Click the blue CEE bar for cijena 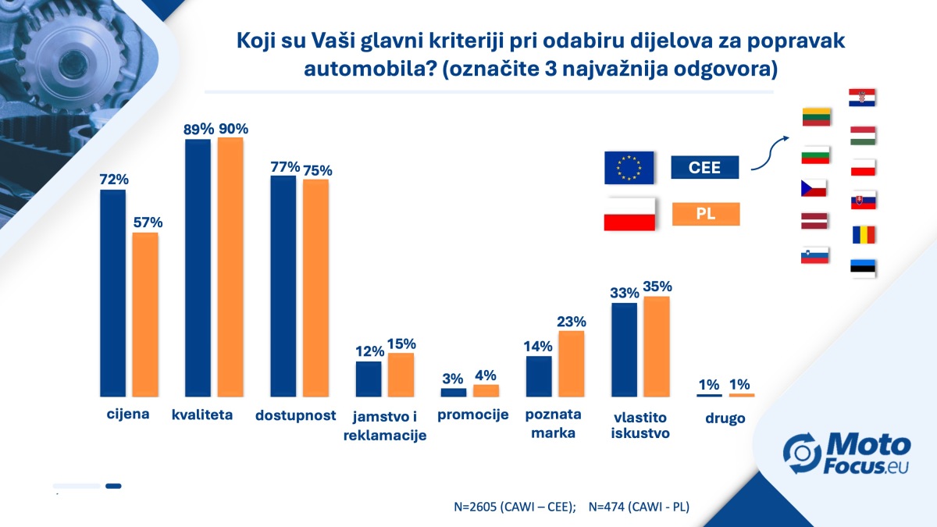click(x=113, y=293)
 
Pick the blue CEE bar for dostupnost click(x=283, y=286)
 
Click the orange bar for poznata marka click(x=572, y=364)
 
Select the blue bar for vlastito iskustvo click(x=625, y=350)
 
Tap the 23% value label click(x=572, y=321)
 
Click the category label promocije click(x=473, y=415)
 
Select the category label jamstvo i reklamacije click(x=385, y=426)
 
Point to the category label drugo click(x=725, y=418)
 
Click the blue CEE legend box click(x=705, y=167)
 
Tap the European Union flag click(x=629, y=167)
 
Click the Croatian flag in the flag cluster click(x=862, y=98)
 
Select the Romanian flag click(x=863, y=235)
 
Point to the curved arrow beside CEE click(x=770, y=152)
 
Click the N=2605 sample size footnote click(x=515, y=507)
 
